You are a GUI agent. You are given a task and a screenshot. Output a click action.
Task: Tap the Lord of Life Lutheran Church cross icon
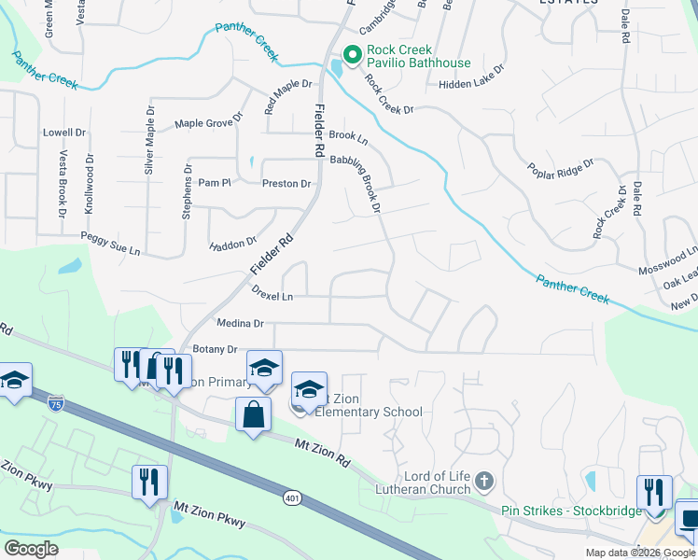pyautogui.click(x=483, y=482)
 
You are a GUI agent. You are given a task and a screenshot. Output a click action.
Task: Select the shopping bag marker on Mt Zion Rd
pyautogui.click(x=254, y=413)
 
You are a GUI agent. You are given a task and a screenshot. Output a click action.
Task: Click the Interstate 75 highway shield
pyautogui.click(x=57, y=404)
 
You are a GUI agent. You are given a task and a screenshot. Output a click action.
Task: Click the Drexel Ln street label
pyautogui.click(x=272, y=293)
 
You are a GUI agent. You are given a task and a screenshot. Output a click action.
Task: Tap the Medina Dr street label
pyautogui.click(x=241, y=324)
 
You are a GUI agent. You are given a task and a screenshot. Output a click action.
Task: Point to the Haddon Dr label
pyautogui.click(x=232, y=244)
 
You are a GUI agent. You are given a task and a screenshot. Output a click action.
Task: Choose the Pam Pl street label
pyautogui.click(x=214, y=183)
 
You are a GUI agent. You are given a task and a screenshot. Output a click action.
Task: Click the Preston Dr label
pyautogui.click(x=286, y=184)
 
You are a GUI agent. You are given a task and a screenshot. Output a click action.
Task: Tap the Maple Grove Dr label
pyautogui.click(x=208, y=122)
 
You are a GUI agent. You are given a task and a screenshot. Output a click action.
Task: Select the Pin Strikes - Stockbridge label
pyautogui.click(x=571, y=511)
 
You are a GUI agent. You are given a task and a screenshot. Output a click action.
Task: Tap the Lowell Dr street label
pyautogui.click(x=64, y=133)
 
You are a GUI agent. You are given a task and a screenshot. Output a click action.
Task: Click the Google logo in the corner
pyautogui.click(x=31, y=548)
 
